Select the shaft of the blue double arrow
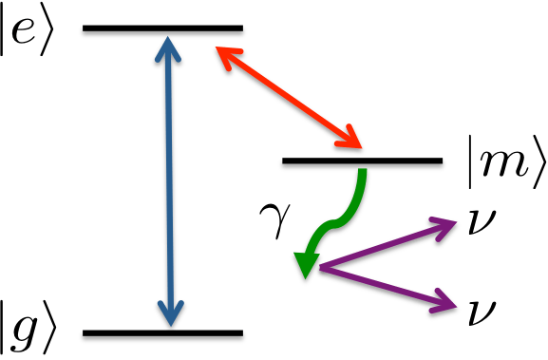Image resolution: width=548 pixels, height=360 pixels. pyautogui.click(x=168, y=180)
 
